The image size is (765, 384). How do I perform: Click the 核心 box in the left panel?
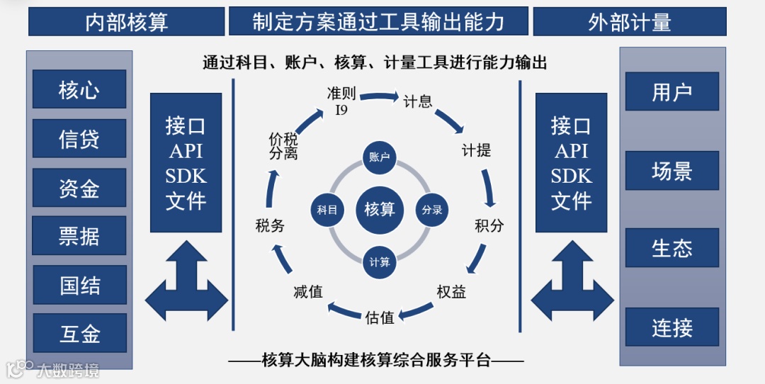(79, 89)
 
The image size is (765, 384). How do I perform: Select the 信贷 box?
(79, 139)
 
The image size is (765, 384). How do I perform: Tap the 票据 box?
(79, 236)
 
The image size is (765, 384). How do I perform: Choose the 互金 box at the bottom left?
(79, 333)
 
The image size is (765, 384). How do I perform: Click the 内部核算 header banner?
(126, 22)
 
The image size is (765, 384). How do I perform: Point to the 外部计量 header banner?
(629, 22)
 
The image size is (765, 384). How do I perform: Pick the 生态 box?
(671, 248)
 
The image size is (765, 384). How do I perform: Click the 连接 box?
(671, 327)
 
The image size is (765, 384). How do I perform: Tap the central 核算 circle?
(380, 210)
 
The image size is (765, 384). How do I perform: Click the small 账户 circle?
(380, 157)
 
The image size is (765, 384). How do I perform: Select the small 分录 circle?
(432, 210)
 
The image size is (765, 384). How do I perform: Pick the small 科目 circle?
(327, 210)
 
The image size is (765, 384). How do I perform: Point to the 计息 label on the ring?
(418, 101)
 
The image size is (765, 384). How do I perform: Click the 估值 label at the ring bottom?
(380, 317)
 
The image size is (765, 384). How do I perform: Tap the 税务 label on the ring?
(270, 226)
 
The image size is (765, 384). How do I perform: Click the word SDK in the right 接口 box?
(571, 176)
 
